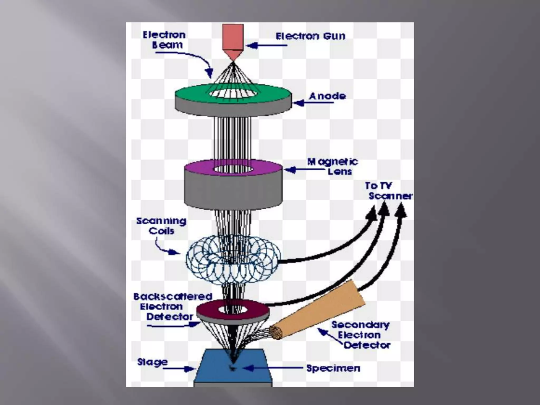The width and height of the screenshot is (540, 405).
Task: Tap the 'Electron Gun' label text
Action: click(x=310, y=36)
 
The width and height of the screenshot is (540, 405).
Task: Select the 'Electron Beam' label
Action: click(x=164, y=40)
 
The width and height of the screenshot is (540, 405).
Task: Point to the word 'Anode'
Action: click(x=327, y=96)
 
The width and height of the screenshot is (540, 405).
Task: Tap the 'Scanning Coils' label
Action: click(x=161, y=226)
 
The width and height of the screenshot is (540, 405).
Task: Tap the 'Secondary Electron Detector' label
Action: click(x=361, y=335)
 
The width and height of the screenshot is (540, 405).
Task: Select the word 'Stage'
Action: click(x=152, y=362)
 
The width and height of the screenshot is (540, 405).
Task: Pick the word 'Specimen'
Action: click(x=333, y=368)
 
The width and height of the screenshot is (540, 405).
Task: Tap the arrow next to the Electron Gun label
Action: click(x=266, y=46)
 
